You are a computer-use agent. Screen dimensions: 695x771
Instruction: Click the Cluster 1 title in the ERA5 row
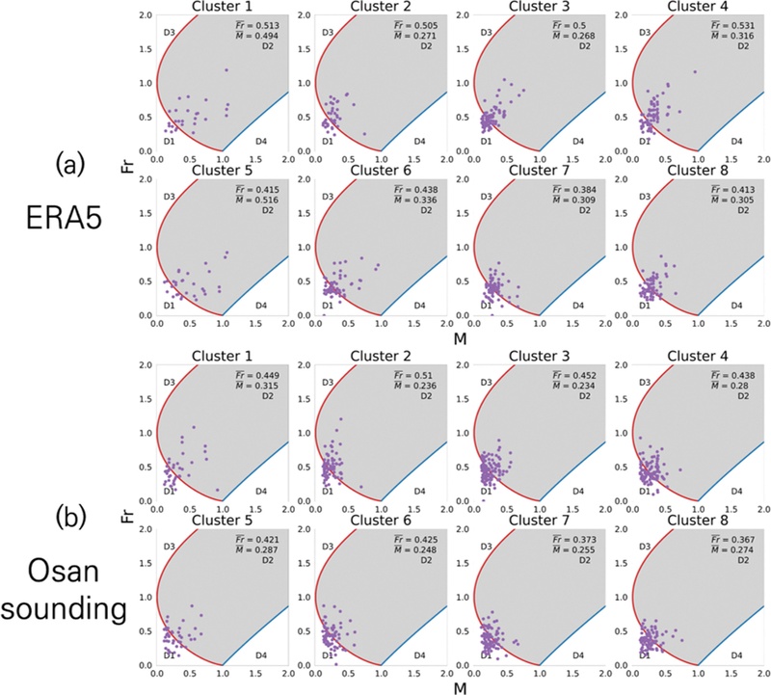[223, 7]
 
